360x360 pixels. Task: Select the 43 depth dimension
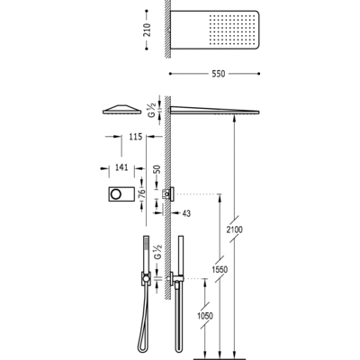coord(187,212)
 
